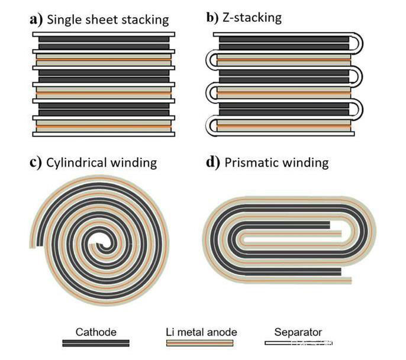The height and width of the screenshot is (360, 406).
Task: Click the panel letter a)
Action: [36, 19]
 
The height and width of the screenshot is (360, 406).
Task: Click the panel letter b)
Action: [213, 17]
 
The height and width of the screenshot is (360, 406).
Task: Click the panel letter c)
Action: [36, 162]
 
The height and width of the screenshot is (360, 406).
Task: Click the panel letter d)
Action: [213, 162]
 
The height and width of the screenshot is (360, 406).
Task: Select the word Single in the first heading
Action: [65, 20]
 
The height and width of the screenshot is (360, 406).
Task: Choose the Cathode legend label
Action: [95, 332]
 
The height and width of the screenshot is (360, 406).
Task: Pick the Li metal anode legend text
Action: [200, 332]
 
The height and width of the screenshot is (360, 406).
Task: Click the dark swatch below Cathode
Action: [96, 343]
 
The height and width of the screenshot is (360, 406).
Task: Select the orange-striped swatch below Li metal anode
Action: [199, 343]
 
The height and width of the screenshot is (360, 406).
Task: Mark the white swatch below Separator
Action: [298, 343]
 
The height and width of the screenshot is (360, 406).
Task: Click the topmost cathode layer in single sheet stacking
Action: [102, 40]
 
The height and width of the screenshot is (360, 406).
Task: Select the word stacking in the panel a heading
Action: [143, 20]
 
